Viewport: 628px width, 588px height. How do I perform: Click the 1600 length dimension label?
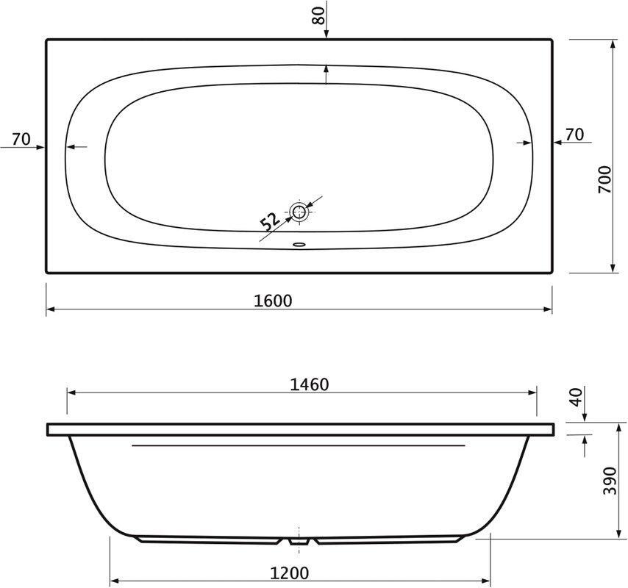coord(273,301)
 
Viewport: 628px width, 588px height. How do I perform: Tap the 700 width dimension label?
coord(605,180)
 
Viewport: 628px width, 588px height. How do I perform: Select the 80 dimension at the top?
coord(319,16)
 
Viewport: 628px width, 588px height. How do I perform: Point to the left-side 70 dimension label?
coord(21,140)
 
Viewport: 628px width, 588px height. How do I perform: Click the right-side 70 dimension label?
coord(575,135)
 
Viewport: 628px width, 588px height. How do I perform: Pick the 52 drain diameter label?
coord(270,221)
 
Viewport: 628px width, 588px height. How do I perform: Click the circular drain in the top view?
coord(299,212)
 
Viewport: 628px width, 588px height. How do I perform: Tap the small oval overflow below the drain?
coord(299,243)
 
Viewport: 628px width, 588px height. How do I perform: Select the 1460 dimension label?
coord(309,384)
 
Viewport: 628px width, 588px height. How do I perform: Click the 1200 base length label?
coord(290,573)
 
